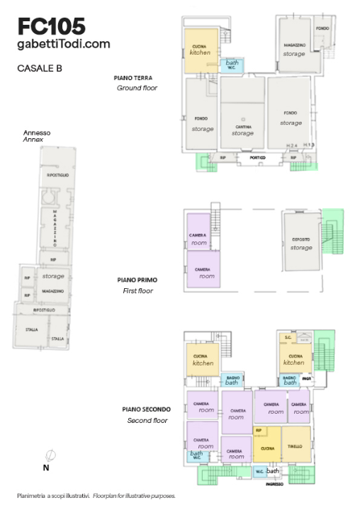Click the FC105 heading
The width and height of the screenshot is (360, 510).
pyautogui.click(x=51, y=26)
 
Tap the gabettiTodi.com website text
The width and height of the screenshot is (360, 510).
pyautogui.click(x=64, y=44)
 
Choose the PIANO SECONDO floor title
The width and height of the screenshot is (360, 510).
pyautogui.click(x=145, y=409)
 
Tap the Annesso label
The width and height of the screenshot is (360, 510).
pyautogui.click(x=37, y=132)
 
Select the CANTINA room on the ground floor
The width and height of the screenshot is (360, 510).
pyautogui.click(x=242, y=127)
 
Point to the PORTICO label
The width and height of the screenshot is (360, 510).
pyautogui.click(x=257, y=157)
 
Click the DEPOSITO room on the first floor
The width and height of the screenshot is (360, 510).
pyautogui.click(x=301, y=241)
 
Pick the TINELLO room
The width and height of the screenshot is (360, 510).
pyautogui.click(x=296, y=446)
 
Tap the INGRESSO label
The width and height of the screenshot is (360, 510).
pyautogui.click(x=275, y=484)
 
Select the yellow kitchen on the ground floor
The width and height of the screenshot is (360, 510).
pyautogui.click(x=201, y=50)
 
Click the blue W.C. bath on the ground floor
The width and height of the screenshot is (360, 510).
pyautogui.click(x=232, y=64)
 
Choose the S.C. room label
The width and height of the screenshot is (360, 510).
pyautogui.click(x=288, y=338)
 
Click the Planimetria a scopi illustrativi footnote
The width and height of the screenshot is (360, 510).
pyautogui.click(x=53, y=496)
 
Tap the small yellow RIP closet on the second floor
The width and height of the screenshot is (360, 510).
pyautogui.click(x=259, y=430)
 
